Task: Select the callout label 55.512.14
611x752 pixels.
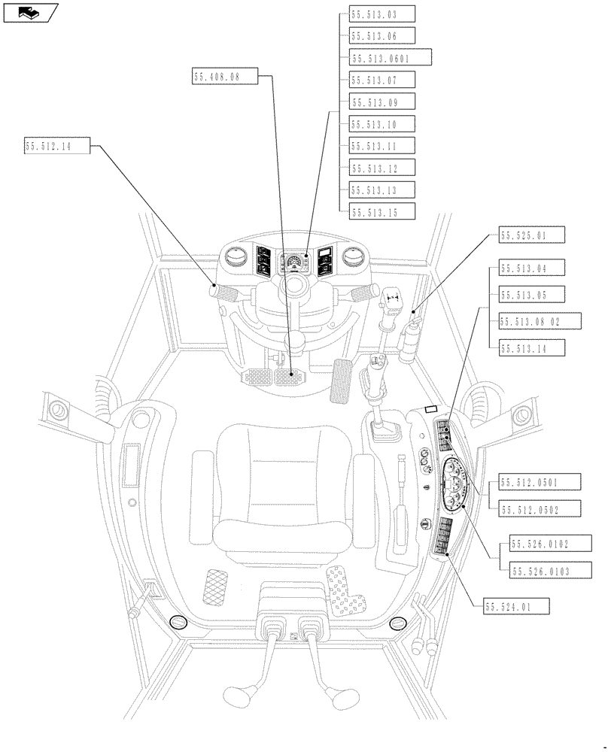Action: coord(57,147)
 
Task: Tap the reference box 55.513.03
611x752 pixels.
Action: coord(382,14)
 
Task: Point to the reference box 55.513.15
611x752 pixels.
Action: coord(382,212)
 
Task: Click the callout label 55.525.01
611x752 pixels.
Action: coord(531,236)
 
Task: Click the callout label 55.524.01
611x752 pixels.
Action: coord(518,605)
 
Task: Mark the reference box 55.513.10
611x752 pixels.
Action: coord(382,124)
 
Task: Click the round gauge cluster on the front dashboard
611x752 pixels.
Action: coord(294,263)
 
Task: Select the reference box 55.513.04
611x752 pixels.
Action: coord(531,268)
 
